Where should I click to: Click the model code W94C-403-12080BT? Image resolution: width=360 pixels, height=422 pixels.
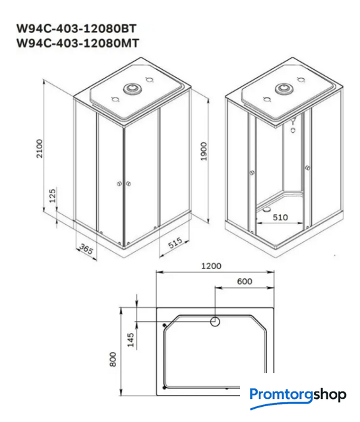pos(76,28)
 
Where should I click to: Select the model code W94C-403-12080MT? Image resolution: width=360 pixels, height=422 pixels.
pos(78,43)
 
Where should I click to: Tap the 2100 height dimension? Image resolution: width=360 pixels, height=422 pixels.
pos(40,148)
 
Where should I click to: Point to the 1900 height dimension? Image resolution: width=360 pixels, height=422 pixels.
pos(204,151)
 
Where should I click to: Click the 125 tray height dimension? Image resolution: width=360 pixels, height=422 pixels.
pos(53,195)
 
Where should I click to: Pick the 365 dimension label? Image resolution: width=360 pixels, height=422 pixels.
pos(86,249)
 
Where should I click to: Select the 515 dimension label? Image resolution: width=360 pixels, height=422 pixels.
pos(175,243)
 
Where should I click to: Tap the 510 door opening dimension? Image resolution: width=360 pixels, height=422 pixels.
pos(280,217)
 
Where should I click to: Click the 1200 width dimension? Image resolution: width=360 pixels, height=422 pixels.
pos(212,266)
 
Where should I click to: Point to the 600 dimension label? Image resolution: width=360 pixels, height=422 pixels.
pos(245,282)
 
